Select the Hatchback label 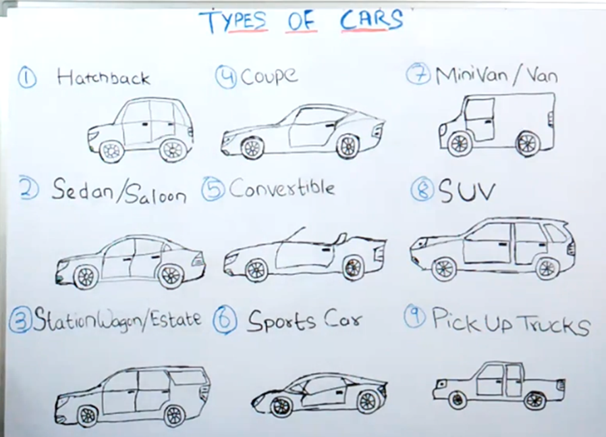[103, 78]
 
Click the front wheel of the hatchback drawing [111, 151]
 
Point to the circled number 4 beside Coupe [225, 76]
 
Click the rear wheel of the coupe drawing [348, 146]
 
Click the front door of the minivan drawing [478, 118]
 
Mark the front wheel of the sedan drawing [86, 276]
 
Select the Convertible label [281, 188]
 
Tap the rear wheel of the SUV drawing [547, 268]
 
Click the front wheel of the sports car [281, 406]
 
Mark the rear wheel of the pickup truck [534, 401]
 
